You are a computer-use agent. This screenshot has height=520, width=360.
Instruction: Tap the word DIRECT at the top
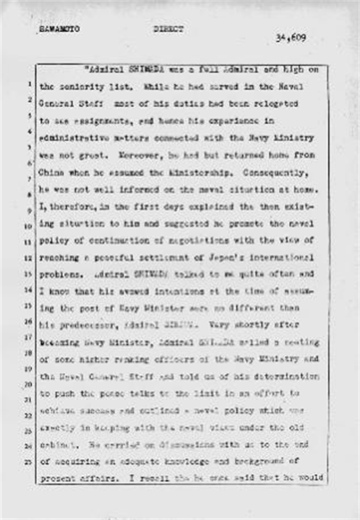168,30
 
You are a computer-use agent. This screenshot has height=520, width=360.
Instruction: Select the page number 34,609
291,39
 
